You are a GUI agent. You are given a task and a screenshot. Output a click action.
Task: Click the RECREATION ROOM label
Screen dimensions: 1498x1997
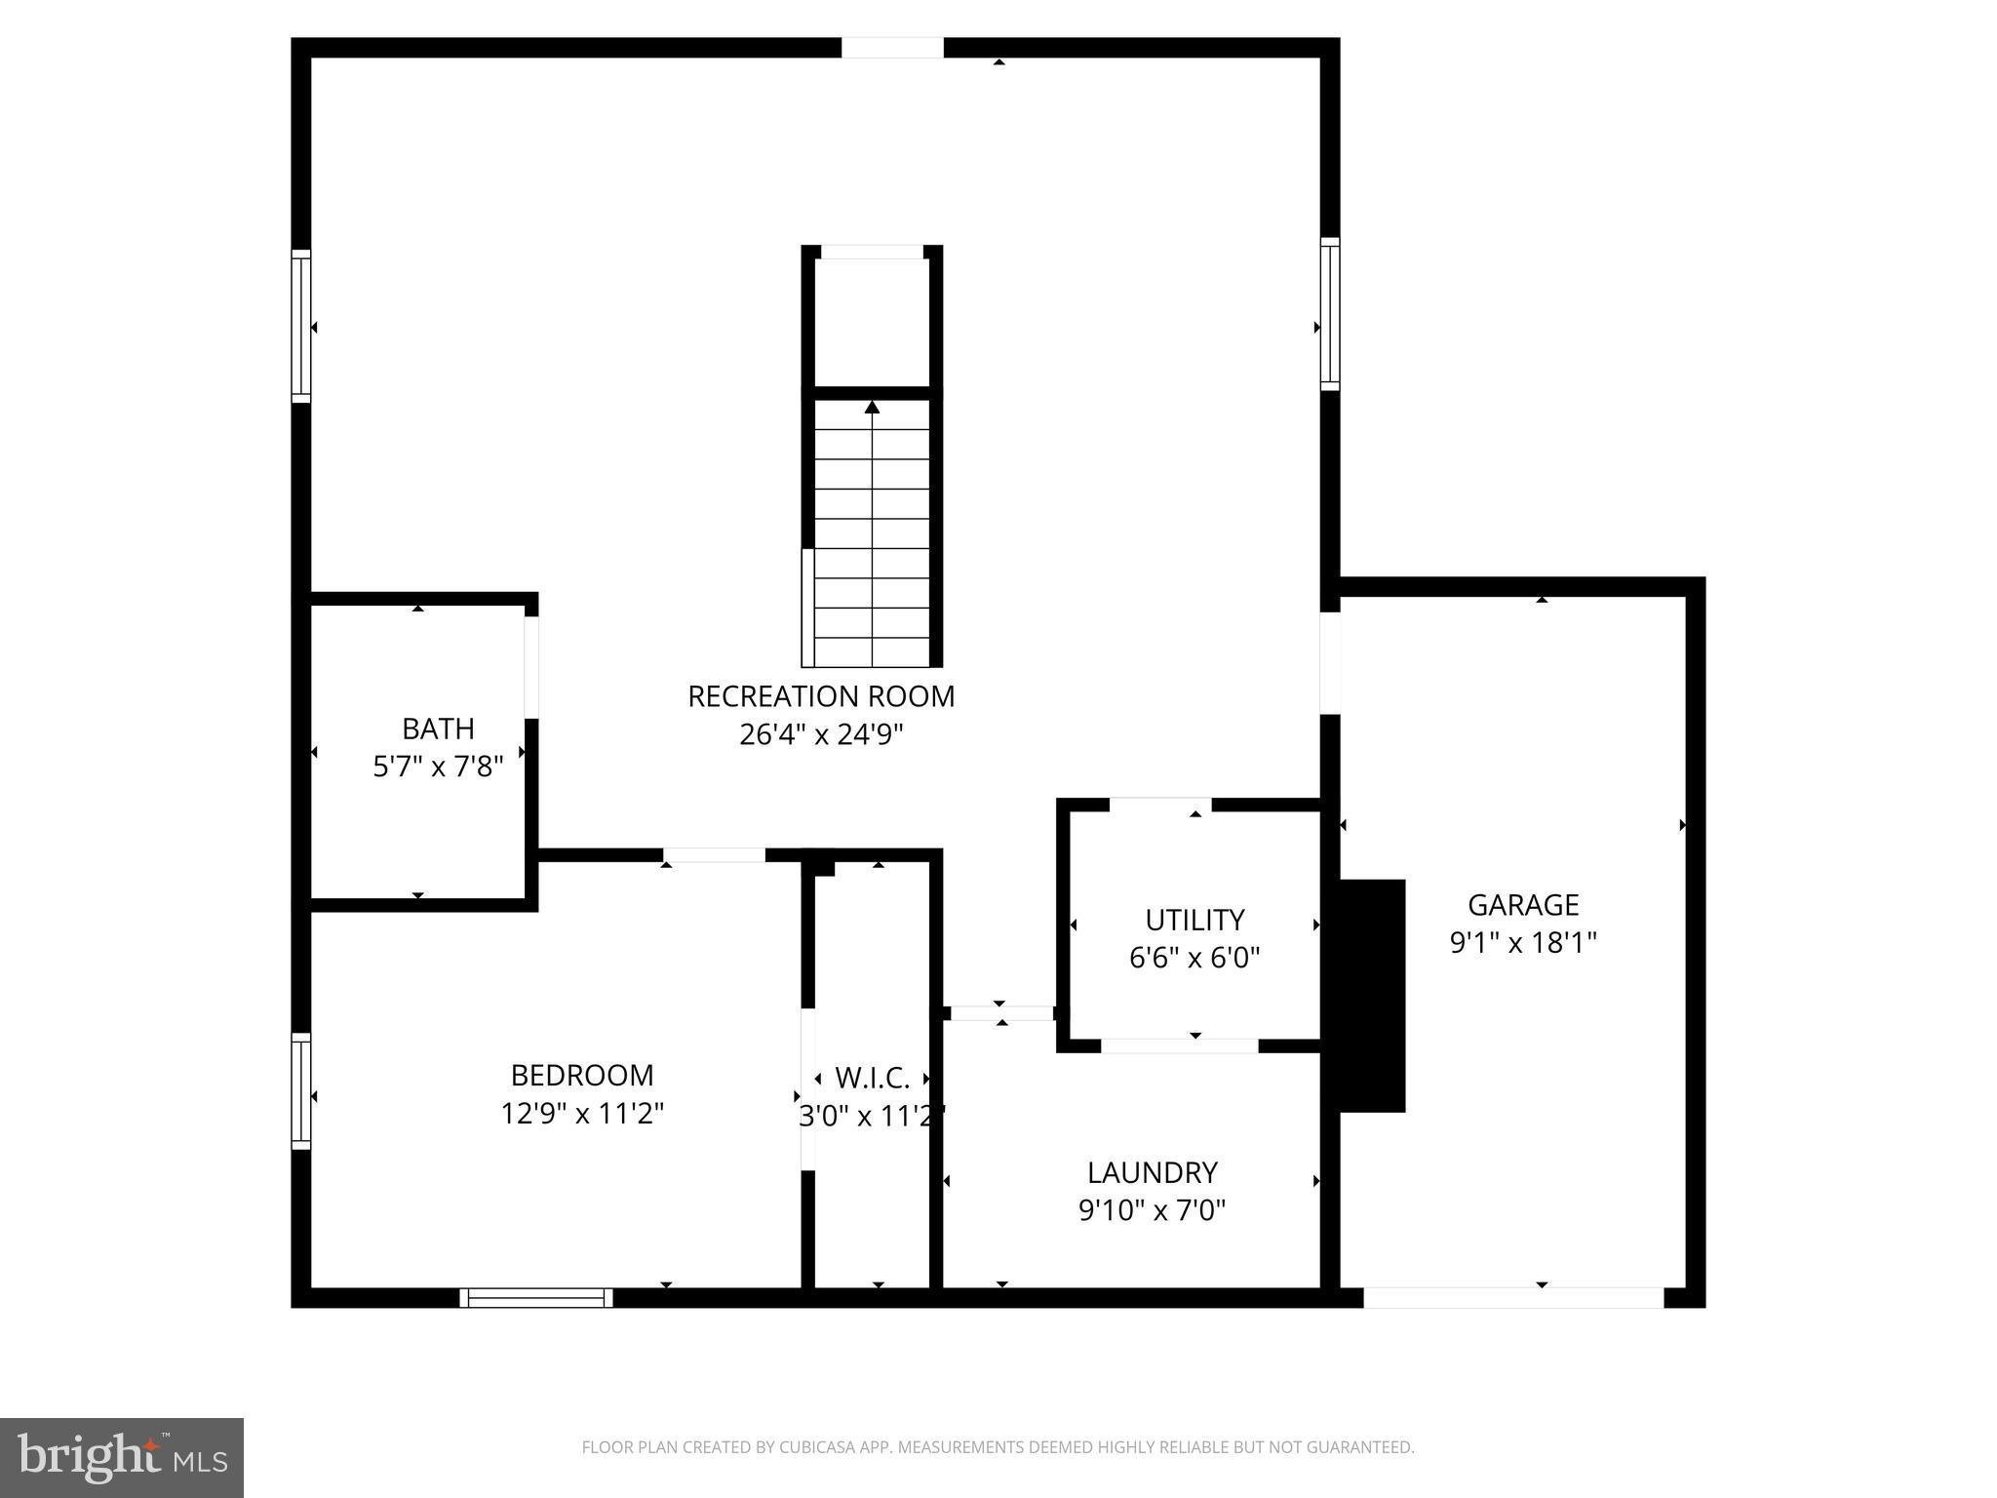(821, 696)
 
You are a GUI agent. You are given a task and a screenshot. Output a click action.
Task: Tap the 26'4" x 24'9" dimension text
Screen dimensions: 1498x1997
(821, 734)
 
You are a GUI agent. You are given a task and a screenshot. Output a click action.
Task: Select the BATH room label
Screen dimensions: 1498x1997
(438, 729)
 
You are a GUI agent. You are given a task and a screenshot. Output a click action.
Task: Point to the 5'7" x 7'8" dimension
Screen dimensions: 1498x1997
(438, 767)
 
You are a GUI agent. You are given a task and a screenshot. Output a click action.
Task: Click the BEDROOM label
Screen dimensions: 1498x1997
(582, 1075)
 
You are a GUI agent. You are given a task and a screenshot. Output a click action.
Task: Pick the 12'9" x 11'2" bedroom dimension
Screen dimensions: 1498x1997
(582, 1113)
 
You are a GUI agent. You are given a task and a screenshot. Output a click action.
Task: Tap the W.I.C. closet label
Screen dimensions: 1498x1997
(872, 1078)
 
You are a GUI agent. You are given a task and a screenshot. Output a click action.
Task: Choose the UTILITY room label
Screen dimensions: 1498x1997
(1194, 920)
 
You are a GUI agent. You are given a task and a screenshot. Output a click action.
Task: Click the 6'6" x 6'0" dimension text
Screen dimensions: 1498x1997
(1194, 958)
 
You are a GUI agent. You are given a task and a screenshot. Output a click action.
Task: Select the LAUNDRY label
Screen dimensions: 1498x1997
(1153, 1171)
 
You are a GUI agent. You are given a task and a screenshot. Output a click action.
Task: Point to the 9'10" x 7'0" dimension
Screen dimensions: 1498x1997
(1153, 1210)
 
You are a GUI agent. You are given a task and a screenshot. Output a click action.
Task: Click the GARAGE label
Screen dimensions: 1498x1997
(1523, 905)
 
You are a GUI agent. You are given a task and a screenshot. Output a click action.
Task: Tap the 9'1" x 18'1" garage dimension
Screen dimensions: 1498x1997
(1523, 943)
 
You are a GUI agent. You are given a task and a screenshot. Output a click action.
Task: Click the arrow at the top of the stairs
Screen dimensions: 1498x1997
(872, 408)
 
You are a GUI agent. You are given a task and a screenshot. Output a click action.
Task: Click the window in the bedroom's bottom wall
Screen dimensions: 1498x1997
(536, 1297)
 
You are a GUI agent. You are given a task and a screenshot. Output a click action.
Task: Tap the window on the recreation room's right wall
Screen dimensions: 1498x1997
(1330, 314)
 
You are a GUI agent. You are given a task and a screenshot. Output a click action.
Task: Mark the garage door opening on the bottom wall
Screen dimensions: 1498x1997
(1512, 1297)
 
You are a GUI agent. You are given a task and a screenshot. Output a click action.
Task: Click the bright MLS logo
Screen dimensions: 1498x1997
(122, 1457)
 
